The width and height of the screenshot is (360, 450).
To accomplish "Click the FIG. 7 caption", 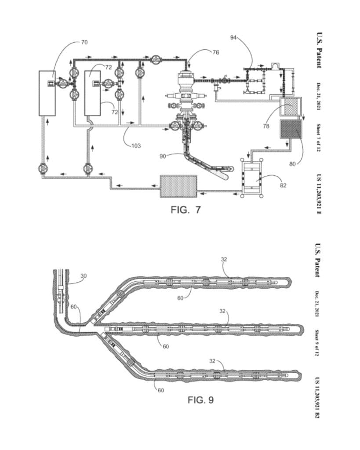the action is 185,210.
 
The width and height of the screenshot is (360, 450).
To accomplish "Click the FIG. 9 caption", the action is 201,399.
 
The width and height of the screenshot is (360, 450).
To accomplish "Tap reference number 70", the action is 84,42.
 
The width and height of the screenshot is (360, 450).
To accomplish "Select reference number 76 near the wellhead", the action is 215,52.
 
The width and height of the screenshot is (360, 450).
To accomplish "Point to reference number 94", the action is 233,37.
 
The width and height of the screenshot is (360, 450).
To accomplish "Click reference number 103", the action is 136,146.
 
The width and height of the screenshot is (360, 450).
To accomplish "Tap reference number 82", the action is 283,185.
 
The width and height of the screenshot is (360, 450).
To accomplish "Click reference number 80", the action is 292,164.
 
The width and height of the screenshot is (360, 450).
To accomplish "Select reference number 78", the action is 266,126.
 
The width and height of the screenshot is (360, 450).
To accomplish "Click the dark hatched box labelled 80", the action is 291,129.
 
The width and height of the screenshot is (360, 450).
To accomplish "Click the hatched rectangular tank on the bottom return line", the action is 178,186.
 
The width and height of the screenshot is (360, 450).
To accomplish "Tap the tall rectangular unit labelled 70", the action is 47,93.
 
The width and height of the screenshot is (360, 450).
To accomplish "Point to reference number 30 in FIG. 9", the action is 83,276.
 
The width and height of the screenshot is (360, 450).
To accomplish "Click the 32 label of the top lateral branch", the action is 224,259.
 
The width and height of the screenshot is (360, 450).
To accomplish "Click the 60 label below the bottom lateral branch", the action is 161,390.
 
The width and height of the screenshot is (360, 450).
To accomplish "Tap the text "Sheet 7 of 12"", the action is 319,138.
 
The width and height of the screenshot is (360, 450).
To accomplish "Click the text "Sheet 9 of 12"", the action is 317,343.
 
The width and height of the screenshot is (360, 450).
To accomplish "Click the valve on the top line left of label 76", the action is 156,60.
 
